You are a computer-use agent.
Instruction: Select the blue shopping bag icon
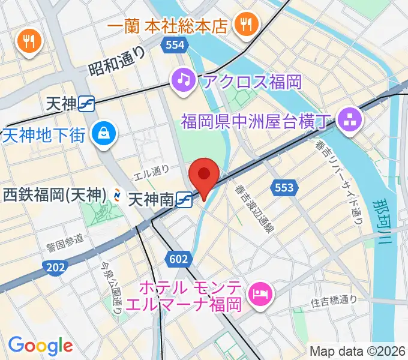[104, 133]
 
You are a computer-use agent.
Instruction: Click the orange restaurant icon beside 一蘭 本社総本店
[246, 25]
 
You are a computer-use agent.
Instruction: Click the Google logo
[40, 345]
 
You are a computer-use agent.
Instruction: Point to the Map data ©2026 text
[358, 351]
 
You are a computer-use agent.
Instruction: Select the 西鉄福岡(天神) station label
[55, 195]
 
